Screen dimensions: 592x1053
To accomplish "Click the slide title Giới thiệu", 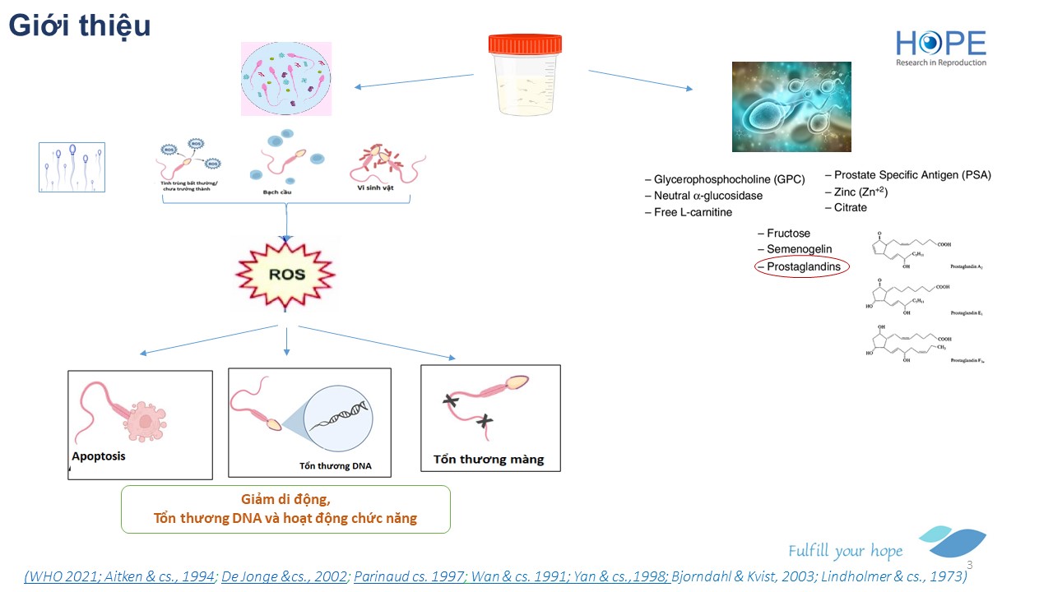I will [80, 26].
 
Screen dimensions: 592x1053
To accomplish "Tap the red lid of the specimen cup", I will [524, 44].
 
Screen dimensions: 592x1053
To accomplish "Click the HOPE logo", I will [940, 48].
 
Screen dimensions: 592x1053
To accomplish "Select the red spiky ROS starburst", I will [286, 275].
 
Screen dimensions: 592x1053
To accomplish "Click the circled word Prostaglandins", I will [803, 266].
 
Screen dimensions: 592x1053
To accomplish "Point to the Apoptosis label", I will [99, 456].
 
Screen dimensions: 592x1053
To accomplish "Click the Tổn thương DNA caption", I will [335, 466].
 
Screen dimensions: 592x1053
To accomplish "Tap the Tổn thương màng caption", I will [489, 460].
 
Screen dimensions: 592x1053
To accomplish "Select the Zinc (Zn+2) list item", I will [860, 192].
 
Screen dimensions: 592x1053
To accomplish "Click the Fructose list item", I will [787, 234].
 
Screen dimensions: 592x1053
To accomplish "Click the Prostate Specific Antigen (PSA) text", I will [912, 175].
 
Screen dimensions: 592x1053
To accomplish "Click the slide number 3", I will [969, 566].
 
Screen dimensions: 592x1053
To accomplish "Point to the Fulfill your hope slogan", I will [845, 551].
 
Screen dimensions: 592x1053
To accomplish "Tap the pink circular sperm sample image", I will [285, 79].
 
